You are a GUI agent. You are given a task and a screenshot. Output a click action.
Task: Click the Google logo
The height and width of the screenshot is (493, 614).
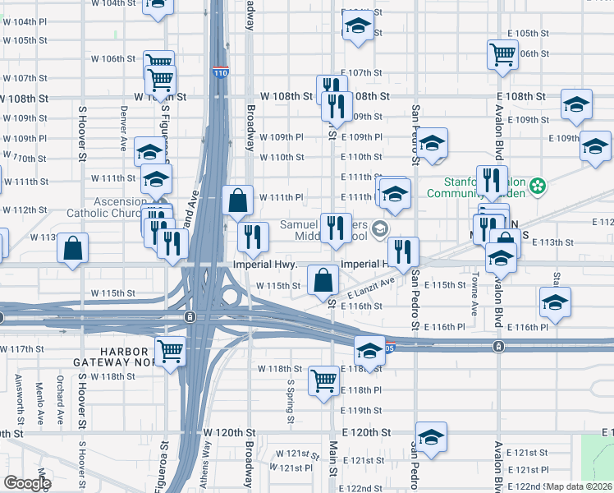(x=27, y=483)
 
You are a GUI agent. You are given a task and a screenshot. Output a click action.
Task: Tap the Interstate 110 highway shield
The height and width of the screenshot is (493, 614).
(x=220, y=72)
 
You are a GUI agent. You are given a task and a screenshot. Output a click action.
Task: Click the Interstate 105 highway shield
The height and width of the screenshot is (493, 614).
(x=391, y=345)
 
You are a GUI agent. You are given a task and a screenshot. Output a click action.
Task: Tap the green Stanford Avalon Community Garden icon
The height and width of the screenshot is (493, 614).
(x=538, y=187)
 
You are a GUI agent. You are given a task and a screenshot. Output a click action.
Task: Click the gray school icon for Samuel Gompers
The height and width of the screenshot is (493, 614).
(x=380, y=228)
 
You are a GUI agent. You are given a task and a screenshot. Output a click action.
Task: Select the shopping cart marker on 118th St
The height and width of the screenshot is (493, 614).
(x=324, y=380)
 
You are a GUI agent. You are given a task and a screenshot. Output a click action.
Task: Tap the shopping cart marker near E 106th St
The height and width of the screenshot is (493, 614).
(x=502, y=55)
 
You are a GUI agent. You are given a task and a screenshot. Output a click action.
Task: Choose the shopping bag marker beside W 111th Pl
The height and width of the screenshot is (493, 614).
(x=238, y=200)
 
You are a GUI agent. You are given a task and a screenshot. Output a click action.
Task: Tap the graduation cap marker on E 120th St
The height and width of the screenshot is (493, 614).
(x=431, y=437)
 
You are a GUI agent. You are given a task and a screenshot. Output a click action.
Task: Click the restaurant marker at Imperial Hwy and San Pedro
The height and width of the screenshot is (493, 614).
(x=403, y=252)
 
